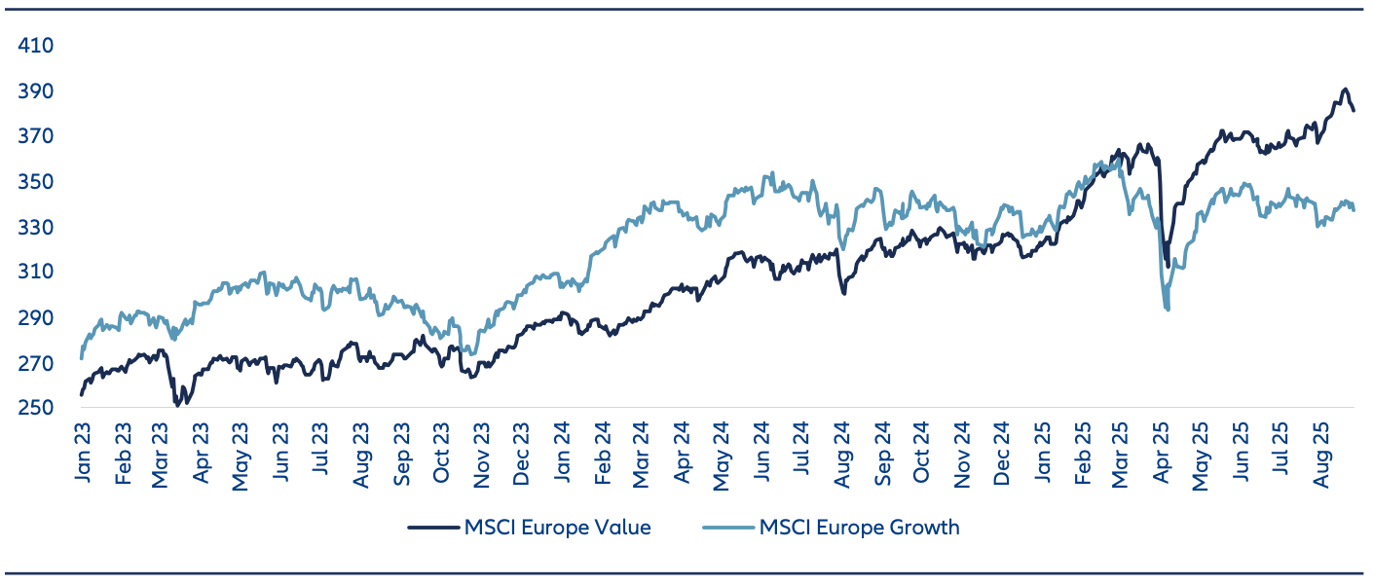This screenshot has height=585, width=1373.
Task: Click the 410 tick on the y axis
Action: pos(35,46)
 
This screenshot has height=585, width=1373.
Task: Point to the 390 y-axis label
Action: pos(35,91)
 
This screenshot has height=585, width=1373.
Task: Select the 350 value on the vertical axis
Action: pos(35,182)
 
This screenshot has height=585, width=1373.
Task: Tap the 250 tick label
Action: pos(35,408)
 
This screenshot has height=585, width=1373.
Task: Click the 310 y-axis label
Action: pos(35,272)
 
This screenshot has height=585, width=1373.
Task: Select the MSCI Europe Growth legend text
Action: pos(859,528)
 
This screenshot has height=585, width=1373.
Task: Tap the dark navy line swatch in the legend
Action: pos(432,528)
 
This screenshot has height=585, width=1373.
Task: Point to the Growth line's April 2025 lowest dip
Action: pos(1167,310)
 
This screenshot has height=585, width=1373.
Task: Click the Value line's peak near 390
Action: pos(1345,90)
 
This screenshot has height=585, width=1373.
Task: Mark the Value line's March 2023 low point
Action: pos(177,404)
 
